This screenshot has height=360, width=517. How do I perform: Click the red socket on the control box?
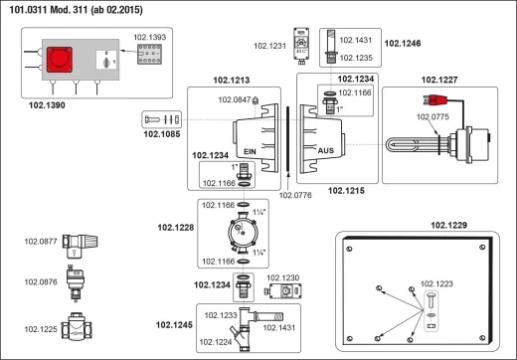(x=60, y=60)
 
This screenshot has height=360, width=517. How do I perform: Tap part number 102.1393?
(x=149, y=37)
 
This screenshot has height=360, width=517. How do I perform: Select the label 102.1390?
(x=47, y=105)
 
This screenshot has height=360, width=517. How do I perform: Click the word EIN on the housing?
(x=250, y=151)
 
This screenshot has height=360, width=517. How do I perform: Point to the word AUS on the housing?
(x=326, y=151)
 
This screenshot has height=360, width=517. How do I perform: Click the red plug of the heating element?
(x=434, y=99)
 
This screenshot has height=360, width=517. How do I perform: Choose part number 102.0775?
(x=432, y=116)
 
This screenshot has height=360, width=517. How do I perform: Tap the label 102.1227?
(x=439, y=80)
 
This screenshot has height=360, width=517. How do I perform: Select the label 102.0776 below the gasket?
(x=295, y=195)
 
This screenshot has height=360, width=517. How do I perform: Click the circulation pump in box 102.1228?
(x=243, y=233)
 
